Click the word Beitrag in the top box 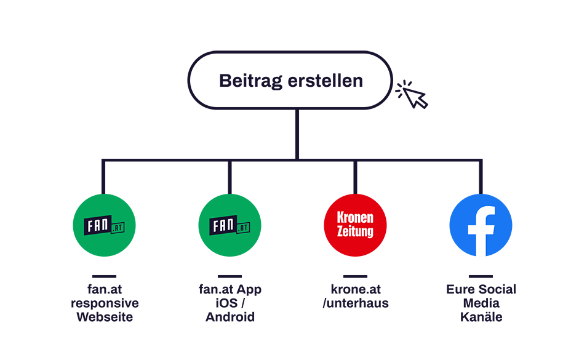click(250, 81)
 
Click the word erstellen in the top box click(325, 81)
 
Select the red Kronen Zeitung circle click(355, 225)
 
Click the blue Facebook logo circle click(481, 225)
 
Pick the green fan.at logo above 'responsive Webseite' click(104, 225)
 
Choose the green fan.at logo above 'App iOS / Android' click(230, 225)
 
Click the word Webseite click(105, 317)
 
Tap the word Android click(230, 317)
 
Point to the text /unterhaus click(356, 303)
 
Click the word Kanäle click(481, 317)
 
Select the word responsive click(105, 303)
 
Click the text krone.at click(356, 289)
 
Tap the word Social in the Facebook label click(497, 289)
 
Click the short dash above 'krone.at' click(355, 276)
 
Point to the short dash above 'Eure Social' click(481, 276)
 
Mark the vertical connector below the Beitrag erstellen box click(297, 134)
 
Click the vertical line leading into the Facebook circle click(481, 177)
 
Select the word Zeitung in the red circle click(355, 231)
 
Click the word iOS click(226, 303)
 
